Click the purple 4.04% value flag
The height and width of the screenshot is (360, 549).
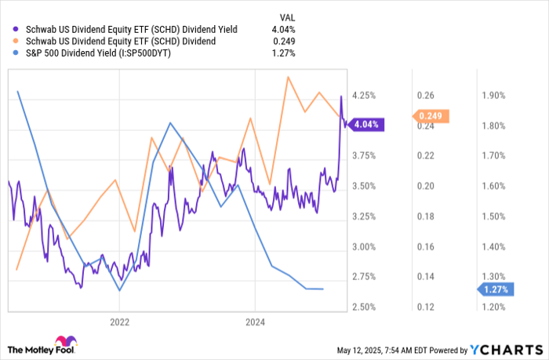tap(367, 124)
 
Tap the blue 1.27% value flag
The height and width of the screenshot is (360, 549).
tap(496, 289)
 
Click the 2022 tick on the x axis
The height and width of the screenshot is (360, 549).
tap(119, 322)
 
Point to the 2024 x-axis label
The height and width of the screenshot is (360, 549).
tap(256, 322)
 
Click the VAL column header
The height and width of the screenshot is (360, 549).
tap(289, 16)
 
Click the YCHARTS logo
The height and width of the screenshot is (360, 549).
tap(509, 349)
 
